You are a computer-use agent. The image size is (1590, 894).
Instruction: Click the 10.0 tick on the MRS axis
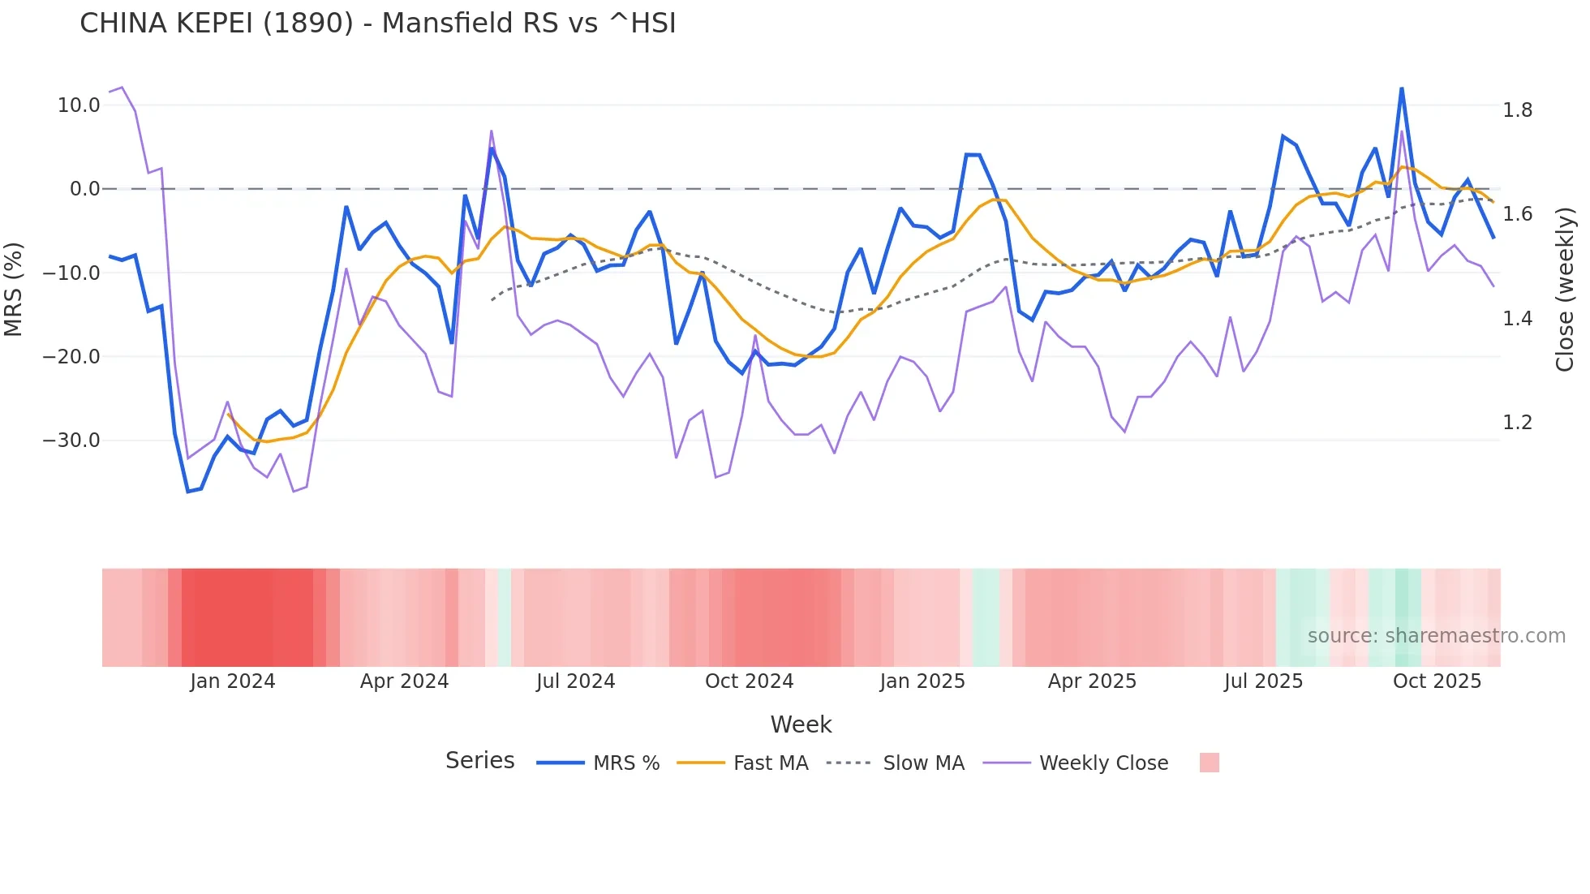[x=79, y=105]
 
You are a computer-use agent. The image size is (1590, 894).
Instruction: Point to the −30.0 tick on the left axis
[x=71, y=441]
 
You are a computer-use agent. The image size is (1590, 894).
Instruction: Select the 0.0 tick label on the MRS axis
[x=84, y=189]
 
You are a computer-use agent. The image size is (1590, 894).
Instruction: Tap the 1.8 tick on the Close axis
[x=1517, y=110]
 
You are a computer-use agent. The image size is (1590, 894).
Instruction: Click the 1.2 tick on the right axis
[x=1517, y=423]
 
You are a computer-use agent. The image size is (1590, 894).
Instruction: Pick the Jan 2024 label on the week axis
[x=233, y=681]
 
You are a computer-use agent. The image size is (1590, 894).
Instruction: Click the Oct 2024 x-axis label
[x=749, y=681]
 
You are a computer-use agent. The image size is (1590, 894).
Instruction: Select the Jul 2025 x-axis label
[x=1263, y=681]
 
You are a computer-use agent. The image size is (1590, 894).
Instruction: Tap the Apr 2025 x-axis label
[x=1092, y=681]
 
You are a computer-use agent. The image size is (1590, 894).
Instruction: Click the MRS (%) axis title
[x=14, y=289]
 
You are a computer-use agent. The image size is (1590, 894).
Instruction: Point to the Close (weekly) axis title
[x=1565, y=289]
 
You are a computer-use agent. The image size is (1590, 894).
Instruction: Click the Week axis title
[x=801, y=724]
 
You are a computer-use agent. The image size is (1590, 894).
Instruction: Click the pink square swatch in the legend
[x=1209, y=763]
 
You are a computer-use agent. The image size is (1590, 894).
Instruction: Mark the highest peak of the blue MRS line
[x=1401, y=88]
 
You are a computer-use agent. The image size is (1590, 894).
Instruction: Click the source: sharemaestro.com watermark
[x=1436, y=636]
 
